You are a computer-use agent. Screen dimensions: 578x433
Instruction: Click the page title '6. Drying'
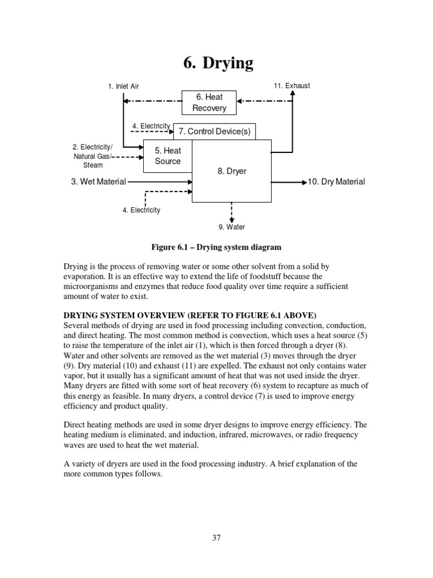pyautogui.click(x=218, y=63)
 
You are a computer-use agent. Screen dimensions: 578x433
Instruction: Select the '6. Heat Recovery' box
pyautogui.click(x=209, y=102)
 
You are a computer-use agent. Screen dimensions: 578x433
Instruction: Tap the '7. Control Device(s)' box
pyautogui.click(x=214, y=132)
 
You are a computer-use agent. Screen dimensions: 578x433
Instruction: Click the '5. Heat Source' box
pyautogui.click(x=168, y=156)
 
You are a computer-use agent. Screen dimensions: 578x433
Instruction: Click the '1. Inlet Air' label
pyautogui.click(x=123, y=86)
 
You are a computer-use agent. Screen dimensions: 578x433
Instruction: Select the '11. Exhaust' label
pyautogui.click(x=291, y=86)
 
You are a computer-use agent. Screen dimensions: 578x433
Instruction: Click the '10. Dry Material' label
pyautogui.click(x=337, y=182)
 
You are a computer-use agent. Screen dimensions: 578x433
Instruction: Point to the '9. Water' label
pyautogui.click(x=231, y=227)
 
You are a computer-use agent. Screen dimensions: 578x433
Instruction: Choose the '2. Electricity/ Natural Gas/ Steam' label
pyautogui.click(x=93, y=156)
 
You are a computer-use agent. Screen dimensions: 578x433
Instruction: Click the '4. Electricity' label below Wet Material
pyautogui.click(x=141, y=211)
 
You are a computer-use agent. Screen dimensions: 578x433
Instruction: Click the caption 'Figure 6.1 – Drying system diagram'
pyautogui.click(x=216, y=247)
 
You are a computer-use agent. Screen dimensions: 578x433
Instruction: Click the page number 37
pyautogui.click(x=216, y=538)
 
